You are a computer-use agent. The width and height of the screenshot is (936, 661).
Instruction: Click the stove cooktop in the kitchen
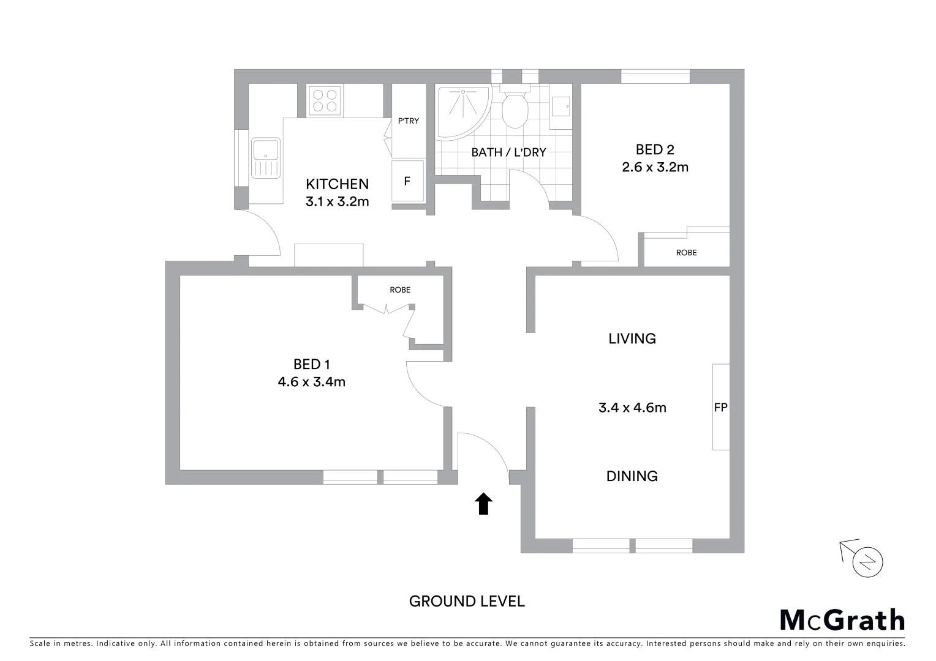tap(325, 100)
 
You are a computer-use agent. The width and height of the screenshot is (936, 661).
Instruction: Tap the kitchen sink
tap(265, 157)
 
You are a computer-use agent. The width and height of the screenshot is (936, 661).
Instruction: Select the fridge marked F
tap(407, 181)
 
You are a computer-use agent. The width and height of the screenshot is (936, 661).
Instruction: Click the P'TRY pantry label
tap(409, 121)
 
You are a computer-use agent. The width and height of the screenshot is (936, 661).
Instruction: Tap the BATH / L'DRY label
tap(508, 152)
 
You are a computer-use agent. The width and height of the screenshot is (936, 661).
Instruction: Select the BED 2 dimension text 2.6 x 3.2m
tap(655, 167)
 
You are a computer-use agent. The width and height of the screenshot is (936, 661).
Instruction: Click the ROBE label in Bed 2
tap(686, 252)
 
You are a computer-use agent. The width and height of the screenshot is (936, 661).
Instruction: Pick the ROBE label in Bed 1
tap(400, 289)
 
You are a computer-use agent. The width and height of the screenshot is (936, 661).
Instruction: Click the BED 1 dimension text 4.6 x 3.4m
tap(311, 382)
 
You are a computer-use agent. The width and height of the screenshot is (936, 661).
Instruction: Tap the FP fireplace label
tap(720, 407)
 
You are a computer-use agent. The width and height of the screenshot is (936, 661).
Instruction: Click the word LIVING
tap(632, 338)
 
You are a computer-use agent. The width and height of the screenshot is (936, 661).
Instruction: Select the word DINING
tap(632, 476)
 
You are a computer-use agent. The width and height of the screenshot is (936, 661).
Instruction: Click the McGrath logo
tap(842, 620)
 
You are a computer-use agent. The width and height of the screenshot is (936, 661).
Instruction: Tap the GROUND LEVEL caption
tap(467, 602)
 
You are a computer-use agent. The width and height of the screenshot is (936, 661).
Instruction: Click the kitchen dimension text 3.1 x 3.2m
tap(337, 201)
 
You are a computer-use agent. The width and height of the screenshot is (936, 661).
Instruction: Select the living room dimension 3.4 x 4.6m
tap(632, 408)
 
